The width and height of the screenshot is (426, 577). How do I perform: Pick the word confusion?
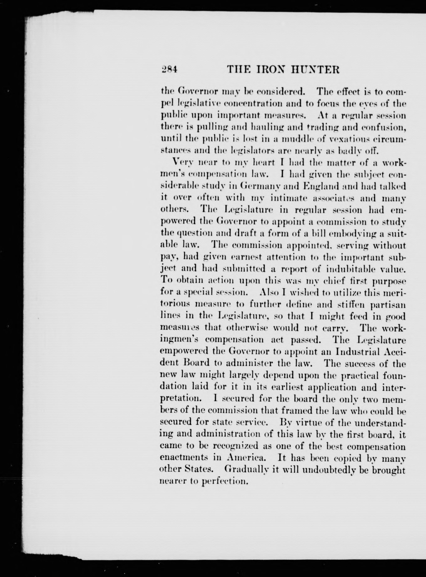click(x=384, y=128)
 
